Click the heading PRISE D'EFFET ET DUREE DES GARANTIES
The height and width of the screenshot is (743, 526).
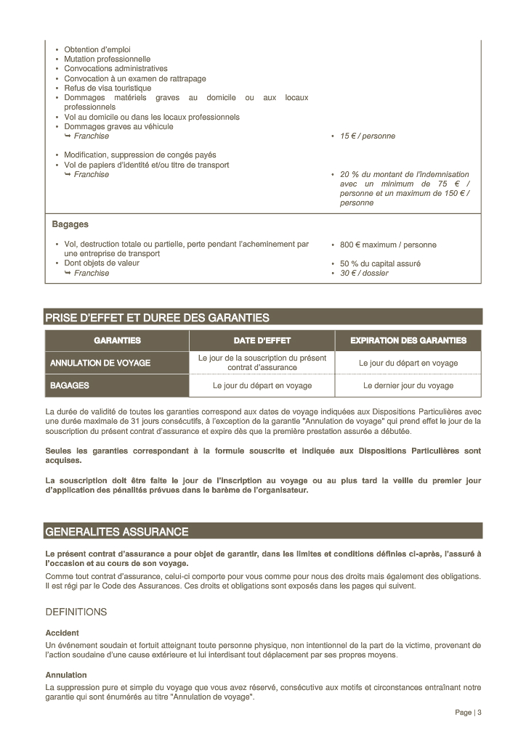157,318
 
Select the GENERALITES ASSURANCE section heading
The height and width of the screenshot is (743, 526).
116,532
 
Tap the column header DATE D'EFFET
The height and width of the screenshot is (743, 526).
262,340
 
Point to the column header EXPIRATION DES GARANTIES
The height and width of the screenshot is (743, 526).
408,340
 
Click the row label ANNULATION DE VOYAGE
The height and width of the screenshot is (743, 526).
100,363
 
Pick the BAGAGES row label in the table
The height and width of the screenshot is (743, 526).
70,386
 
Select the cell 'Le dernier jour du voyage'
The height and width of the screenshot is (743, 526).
408,386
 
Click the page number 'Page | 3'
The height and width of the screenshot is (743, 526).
468,713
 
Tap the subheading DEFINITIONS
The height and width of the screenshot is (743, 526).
76,612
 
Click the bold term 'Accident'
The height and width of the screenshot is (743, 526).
62,633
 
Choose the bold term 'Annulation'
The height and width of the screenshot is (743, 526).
66,675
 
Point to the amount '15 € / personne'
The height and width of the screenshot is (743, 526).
368,136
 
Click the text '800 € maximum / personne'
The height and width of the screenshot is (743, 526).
388,245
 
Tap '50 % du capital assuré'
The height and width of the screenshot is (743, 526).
380,264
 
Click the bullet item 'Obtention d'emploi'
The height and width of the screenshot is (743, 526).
97,49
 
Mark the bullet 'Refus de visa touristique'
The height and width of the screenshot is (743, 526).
108,89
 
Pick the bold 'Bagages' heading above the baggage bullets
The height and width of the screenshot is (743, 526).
70,225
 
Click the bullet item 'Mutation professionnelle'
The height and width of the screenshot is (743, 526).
107,59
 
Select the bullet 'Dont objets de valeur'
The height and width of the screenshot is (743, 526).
101,263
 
